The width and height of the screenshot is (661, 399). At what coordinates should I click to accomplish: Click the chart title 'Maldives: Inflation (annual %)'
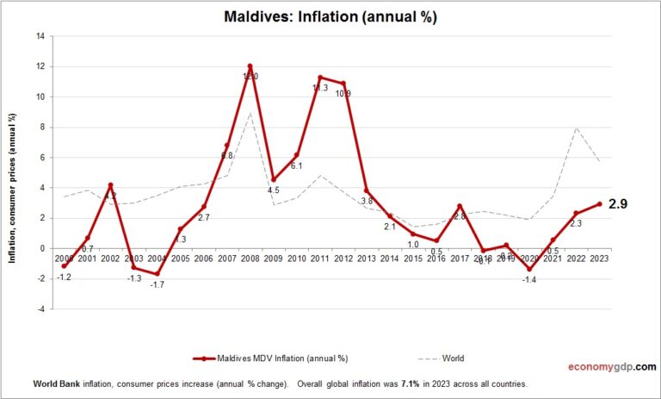(x=330, y=17)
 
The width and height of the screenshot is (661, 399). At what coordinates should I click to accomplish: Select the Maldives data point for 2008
(x=250, y=66)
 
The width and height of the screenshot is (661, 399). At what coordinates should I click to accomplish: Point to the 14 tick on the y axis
(x=40, y=36)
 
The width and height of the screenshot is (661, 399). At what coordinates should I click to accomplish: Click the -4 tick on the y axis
(x=38, y=309)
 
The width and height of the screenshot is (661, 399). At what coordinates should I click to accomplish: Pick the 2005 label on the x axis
(x=179, y=259)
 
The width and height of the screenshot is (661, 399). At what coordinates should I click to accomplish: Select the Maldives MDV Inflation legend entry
(x=271, y=357)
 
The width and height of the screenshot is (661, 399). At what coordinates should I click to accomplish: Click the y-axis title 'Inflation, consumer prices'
(x=15, y=171)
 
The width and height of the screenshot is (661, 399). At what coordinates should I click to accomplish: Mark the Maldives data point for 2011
(x=320, y=78)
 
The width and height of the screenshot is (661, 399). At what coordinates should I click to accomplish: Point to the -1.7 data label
(x=158, y=284)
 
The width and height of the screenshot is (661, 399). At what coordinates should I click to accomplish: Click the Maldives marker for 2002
(x=110, y=185)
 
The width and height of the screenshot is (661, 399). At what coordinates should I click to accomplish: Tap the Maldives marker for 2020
(x=529, y=269)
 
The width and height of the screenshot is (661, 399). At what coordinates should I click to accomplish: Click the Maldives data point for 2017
(x=460, y=206)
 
